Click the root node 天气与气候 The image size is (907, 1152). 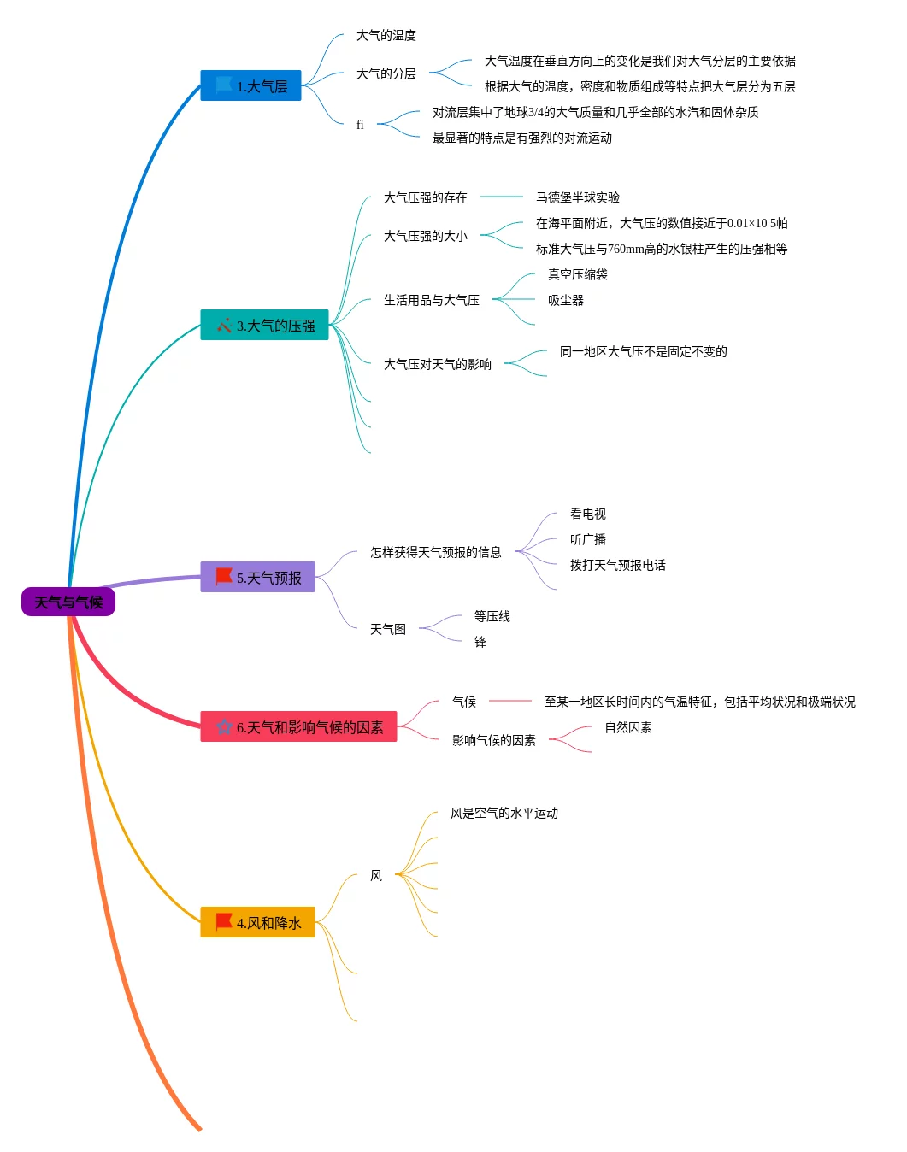click(68, 602)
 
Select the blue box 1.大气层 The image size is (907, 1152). click(250, 85)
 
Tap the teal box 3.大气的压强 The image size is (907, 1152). click(264, 325)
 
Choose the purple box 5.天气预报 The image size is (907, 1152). click(257, 577)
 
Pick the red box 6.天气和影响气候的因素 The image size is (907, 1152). click(298, 726)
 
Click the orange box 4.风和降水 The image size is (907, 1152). click(257, 922)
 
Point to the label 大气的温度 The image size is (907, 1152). click(386, 35)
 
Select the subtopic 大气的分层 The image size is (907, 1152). click(386, 73)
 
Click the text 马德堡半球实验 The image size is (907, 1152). click(577, 197)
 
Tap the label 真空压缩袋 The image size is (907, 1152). click(577, 274)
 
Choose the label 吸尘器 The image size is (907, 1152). click(565, 300)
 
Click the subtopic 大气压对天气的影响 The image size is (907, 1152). click(437, 364)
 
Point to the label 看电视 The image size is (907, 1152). click(587, 514)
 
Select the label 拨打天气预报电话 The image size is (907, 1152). click(617, 565)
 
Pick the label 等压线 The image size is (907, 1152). click(492, 616)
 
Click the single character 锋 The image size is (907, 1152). click(480, 642)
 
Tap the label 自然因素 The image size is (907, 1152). click(627, 727)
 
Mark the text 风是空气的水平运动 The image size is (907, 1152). click(504, 813)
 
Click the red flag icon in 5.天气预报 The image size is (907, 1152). click(224, 576)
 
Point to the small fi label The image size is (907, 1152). click(360, 125)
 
